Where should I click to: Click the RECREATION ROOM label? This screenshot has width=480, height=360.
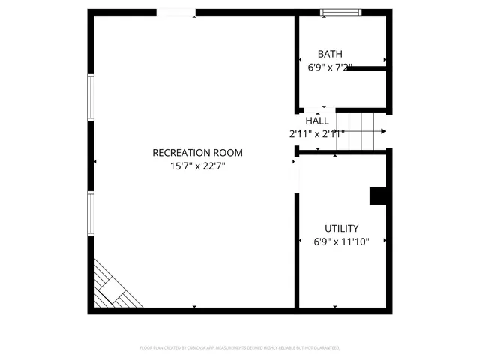click(197, 153)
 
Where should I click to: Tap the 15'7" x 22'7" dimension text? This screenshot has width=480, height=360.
click(197, 166)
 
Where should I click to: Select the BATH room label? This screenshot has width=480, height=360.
click(330, 54)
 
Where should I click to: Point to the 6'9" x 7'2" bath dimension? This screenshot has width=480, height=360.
click(330, 67)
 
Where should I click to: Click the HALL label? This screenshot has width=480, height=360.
click(317, 121)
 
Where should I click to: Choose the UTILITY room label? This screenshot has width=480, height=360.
click(341, 229)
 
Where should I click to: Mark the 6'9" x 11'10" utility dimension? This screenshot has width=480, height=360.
click(341, 242)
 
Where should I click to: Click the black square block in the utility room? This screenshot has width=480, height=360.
click(378, 195)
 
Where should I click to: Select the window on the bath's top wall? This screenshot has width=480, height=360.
click(340, 12)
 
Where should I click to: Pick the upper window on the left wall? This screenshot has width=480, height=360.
click(91, 97)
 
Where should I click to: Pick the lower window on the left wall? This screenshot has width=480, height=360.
click(91, 214)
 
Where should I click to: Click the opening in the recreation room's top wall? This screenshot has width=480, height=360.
click(176, 12)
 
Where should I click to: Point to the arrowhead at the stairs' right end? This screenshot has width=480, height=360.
click(384, 131)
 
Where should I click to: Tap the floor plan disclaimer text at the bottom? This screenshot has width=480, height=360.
click(240, 348)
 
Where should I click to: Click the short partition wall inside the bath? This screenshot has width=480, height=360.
click(365, 69)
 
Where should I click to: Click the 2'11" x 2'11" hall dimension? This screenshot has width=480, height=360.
click(317, 134)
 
